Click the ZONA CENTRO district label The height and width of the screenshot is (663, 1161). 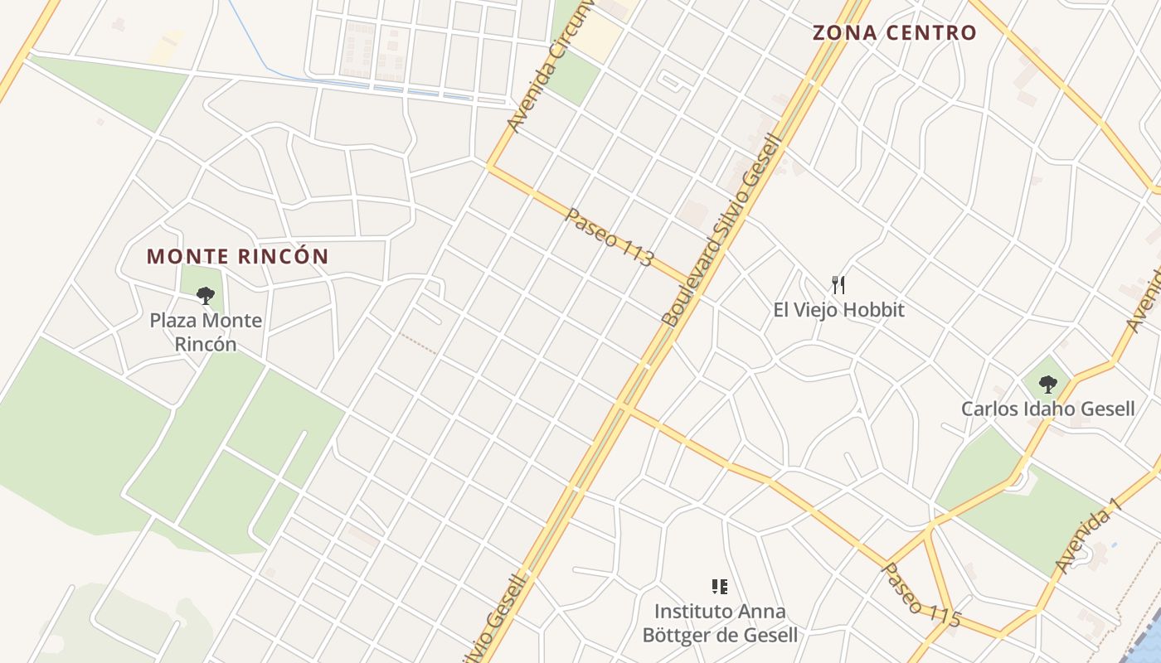tap(894, 33)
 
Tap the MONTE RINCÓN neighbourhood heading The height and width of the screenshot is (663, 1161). tap(238, 256)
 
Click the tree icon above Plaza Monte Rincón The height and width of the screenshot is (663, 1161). tap(206, 295)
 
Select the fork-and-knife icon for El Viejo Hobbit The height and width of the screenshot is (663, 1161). tap(838, 286)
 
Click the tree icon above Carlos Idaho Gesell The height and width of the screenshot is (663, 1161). tap(1048, 384)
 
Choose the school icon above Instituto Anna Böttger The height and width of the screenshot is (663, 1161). tap(719, 588)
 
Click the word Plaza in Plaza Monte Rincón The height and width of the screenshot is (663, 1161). tap(174, 321)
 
